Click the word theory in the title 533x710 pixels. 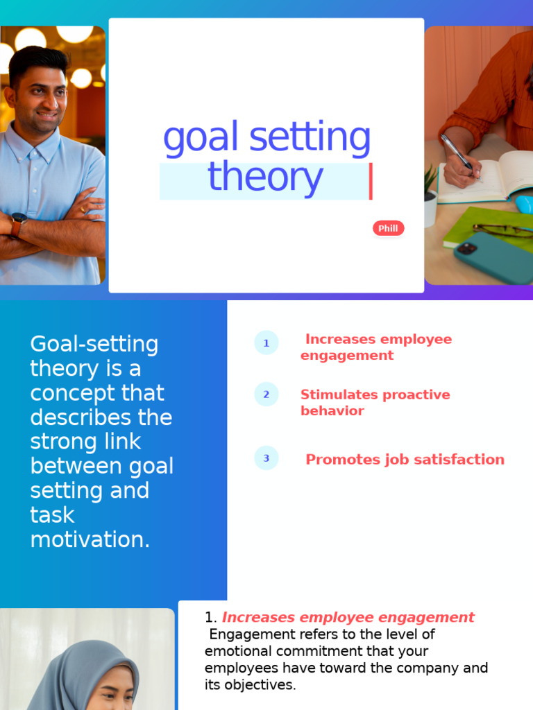pos(265,177)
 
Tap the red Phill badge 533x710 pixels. pos(388,229)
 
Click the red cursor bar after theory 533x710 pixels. pos(371,181)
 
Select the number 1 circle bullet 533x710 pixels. pos(266,343)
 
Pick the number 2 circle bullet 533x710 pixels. pos(266,395)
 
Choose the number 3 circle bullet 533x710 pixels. pos(266,458)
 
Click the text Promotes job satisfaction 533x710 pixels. pos(405,459)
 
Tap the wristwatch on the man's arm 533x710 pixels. pos(18,224)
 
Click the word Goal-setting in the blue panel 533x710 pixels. pos(94,344)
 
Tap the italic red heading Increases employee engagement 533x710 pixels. pos(348,617)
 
